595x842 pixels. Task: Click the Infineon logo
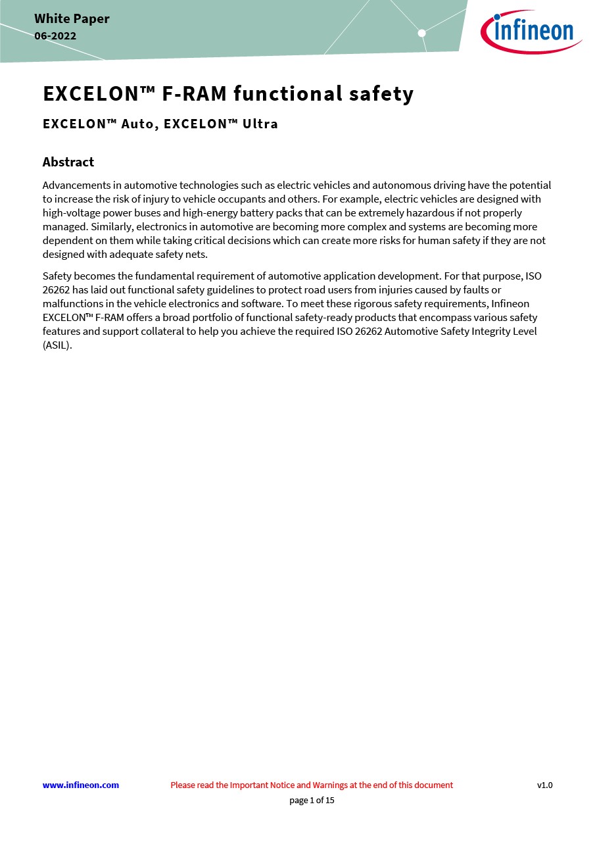531,31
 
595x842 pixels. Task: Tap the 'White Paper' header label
72,18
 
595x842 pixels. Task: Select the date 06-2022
55,36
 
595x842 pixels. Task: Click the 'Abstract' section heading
68,162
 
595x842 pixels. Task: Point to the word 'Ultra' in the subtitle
260,124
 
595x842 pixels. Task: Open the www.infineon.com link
81,785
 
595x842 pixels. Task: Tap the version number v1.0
544,785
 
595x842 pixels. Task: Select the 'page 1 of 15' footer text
312,801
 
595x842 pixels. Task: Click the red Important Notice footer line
312,785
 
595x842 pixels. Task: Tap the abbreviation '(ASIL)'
57,345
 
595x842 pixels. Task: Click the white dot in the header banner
422,33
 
